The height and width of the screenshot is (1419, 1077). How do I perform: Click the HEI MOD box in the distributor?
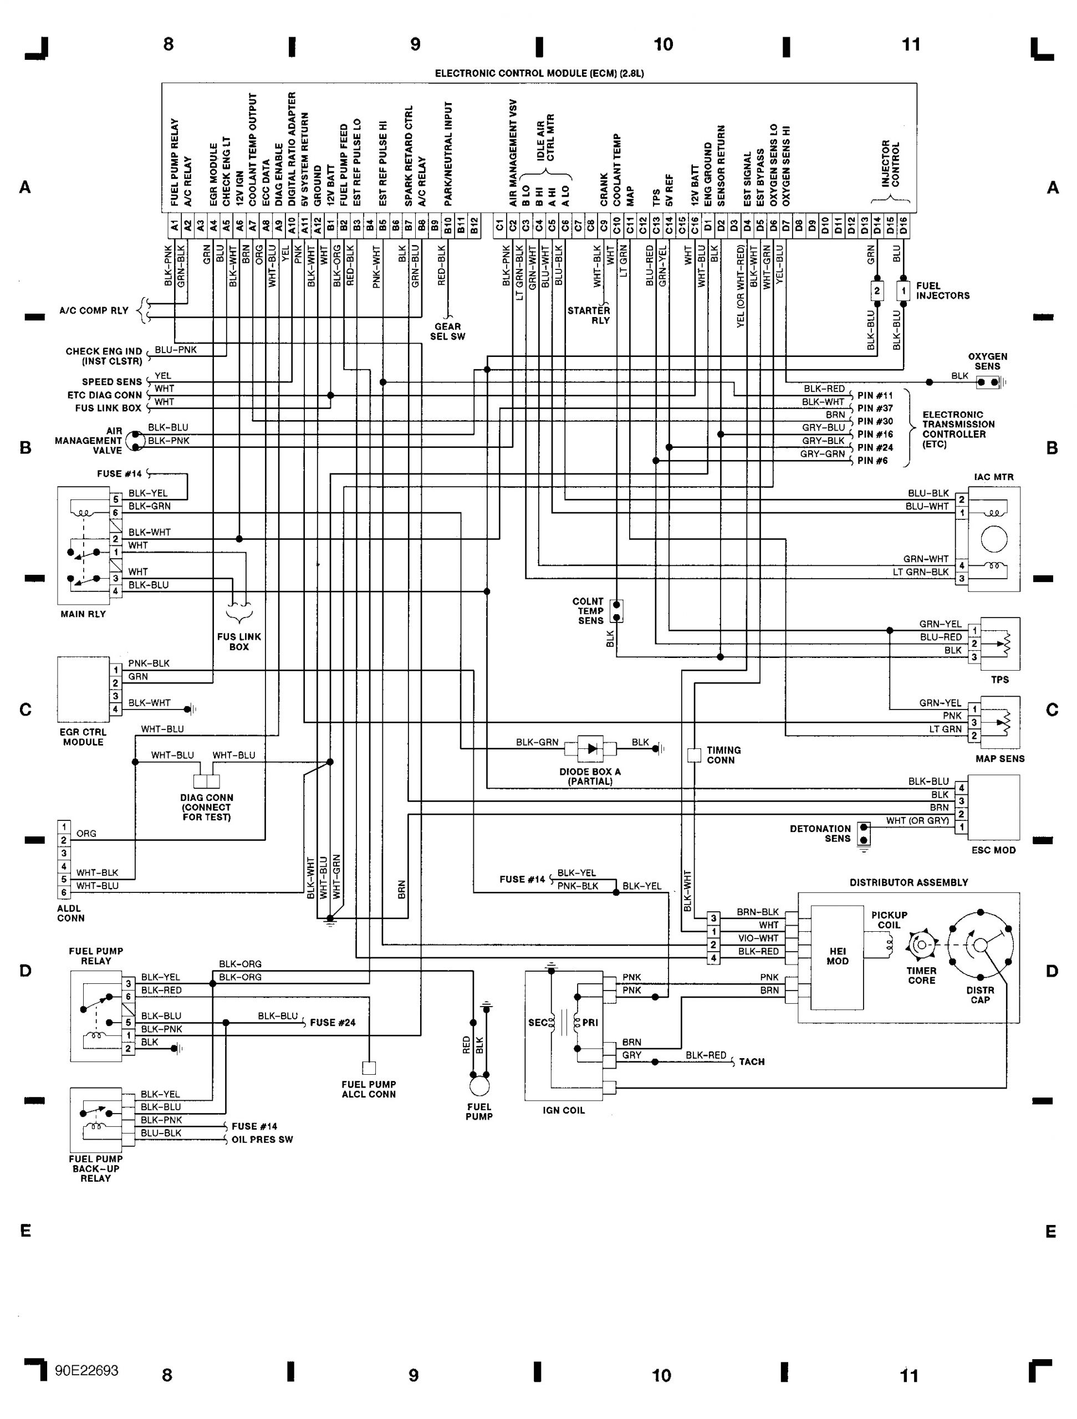pyautogui.click(x=837, y=957)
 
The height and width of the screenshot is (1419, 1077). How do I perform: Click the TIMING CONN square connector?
pyautogui.click(x=694, y=755)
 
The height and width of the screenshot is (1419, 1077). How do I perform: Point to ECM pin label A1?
pyautogui.click(x=174, y=226)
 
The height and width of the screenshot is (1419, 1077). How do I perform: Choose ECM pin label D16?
pyautogui.click(x=903, y=226)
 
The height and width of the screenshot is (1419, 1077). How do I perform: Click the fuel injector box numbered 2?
pyautogui.click(x=877, y=290)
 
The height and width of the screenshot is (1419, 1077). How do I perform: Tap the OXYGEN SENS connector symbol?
pyautogui.click(x=987, y=382)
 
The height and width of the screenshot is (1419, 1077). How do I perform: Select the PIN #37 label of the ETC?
pyautogui.click(x=875, y=408)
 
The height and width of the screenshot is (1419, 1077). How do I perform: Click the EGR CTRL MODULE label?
pyautogui.click(x=83, y=737)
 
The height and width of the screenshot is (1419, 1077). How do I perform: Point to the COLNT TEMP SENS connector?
pyautogui.click(x=616, y=611)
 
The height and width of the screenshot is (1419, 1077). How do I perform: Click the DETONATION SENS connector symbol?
pyautogui.click(x=864, y=833)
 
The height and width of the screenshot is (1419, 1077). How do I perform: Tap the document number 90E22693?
pyautogui.click(x=86, y=1371)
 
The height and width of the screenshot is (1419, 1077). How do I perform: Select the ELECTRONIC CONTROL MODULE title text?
pyautogui.click(x=539, y=73)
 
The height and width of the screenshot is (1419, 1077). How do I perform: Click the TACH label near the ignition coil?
pyautogui.click(x=751, y=1061)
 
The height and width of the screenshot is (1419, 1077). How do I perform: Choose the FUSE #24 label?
pyautogui.click(x=332, y=1023)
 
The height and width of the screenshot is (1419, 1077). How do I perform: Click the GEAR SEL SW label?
pyautogui.click(x=447, y=331)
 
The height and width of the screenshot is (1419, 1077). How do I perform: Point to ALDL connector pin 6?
pyautogui.click(x=64, y=892)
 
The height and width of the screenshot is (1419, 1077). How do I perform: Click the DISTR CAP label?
pyautogui.click(x=979, y=995)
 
